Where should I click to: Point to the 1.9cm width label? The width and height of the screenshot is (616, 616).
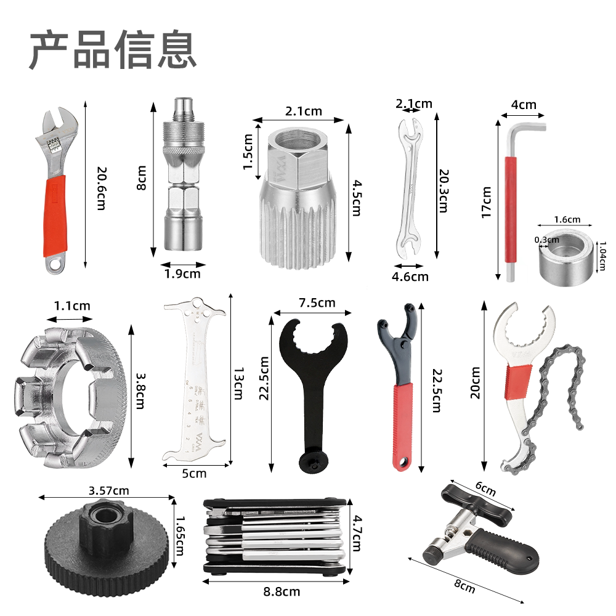tap(181, 274)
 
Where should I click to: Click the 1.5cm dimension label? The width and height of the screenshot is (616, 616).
tap(248, 152)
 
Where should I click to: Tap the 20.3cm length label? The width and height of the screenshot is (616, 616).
tap(442, 191)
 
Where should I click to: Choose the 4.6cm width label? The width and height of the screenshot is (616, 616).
tap(410, 277)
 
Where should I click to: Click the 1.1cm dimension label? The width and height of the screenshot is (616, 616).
tap(71, 306)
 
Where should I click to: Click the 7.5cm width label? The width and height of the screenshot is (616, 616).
tap(317, 302)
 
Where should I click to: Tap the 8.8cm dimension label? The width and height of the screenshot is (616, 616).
tap(282, 591)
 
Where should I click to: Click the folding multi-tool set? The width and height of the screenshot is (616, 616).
tap(274, 535)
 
